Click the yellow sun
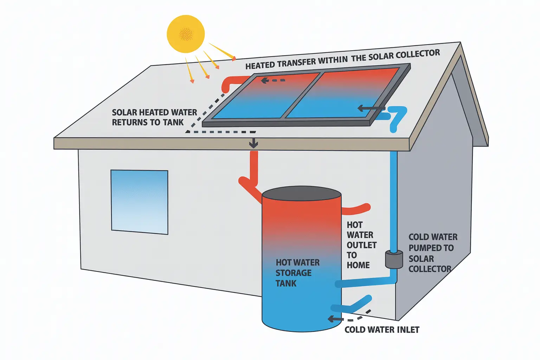pos(185,34)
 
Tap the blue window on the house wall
pos(139,201)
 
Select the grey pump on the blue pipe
pos(394,259)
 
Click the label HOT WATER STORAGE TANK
pos(297,273)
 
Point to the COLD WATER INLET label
pos(382,330)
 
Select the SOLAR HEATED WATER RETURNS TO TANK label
pos(154,117)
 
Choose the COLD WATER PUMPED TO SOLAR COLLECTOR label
pos(433,253)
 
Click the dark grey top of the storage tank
pos(302,194)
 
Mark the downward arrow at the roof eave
pos(253,143)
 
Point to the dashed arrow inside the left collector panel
pos(273,81)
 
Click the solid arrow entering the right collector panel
pos(371,108)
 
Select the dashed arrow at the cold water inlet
pos(348,317)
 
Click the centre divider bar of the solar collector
pos(302,95)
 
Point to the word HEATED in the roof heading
pos(261,65)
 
